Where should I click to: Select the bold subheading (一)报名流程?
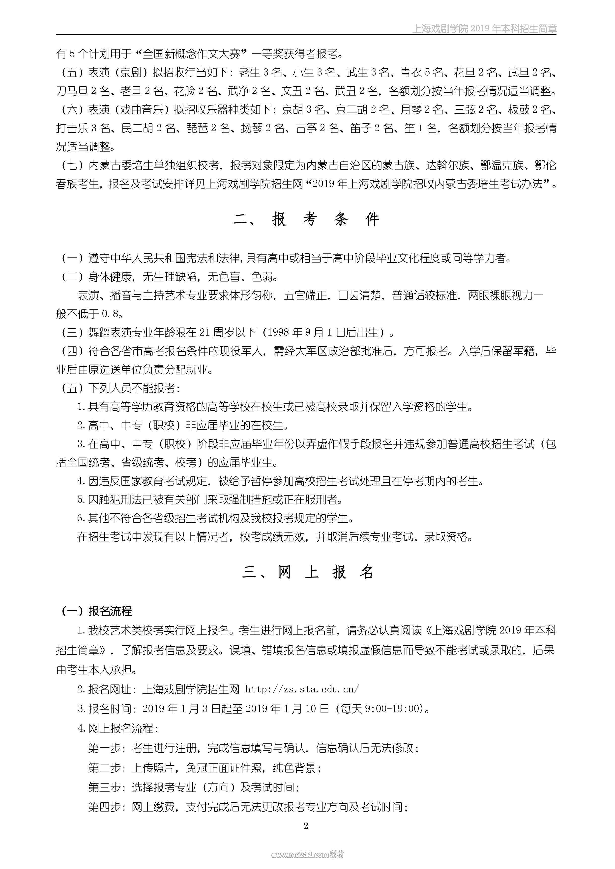tap(97, 611)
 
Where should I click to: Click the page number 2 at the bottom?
tap(306, 826)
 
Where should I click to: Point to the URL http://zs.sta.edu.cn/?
tap(302, 689)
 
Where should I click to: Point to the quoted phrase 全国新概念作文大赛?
tap(191, 54)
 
